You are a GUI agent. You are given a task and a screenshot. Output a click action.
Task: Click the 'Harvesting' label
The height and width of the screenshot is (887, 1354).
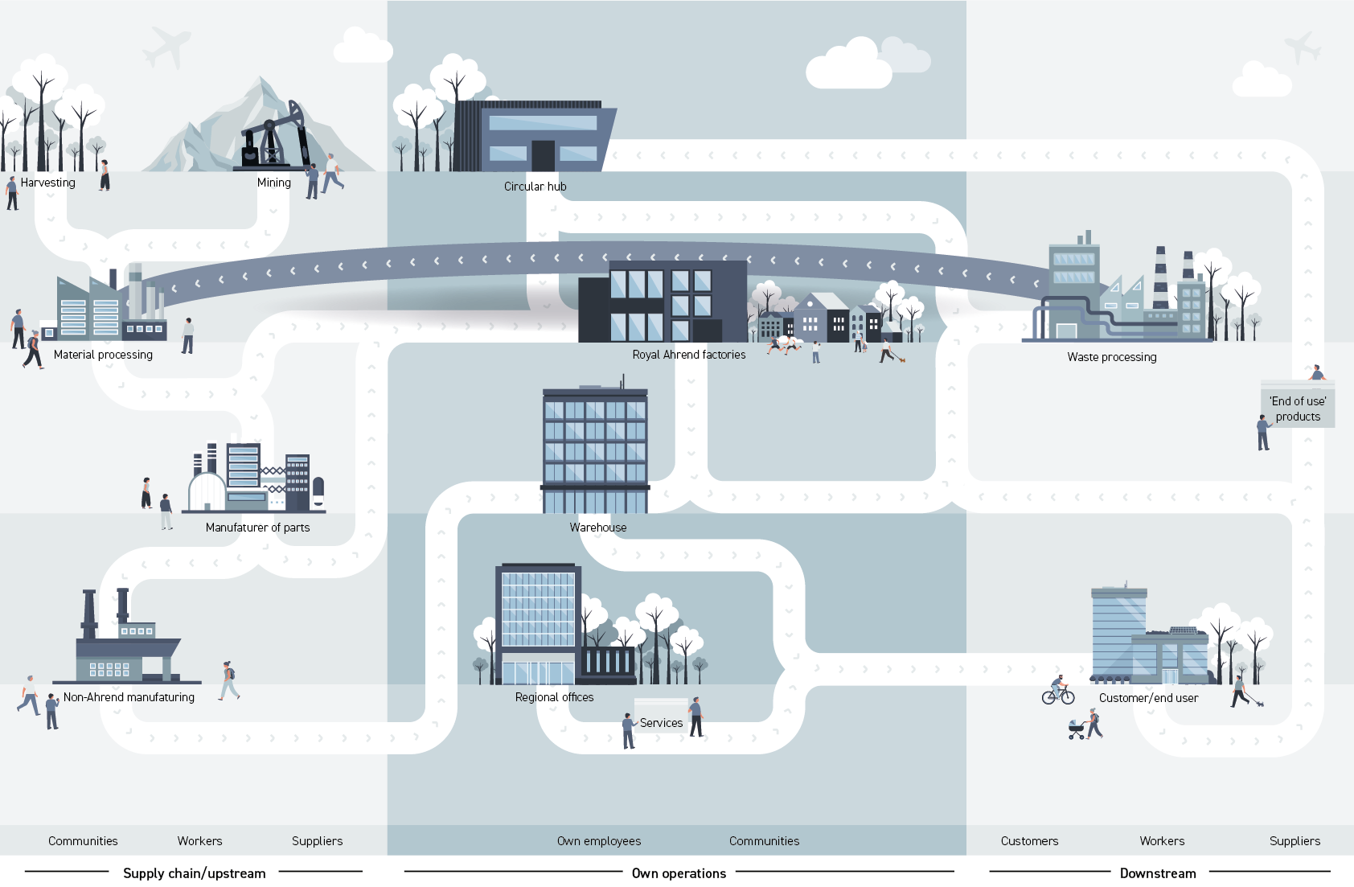[x=47, y=183]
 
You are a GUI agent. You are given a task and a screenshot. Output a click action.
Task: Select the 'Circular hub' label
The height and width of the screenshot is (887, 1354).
[x=535, y=187]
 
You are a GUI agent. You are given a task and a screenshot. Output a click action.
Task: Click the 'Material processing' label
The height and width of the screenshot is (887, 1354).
[x=103, y=355]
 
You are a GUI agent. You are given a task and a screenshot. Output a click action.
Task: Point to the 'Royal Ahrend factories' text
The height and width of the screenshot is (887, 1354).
[x=688, y=355]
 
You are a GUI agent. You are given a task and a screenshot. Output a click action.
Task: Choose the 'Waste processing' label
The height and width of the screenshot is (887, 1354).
[x=1112, y=357]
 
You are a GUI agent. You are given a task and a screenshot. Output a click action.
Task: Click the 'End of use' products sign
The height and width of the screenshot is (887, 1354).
[x=1298, y=409]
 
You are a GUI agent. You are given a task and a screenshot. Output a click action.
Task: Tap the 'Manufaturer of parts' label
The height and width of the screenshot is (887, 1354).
[x=257, y=528]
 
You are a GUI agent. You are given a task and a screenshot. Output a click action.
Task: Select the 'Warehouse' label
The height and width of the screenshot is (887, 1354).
[x=598, y=528]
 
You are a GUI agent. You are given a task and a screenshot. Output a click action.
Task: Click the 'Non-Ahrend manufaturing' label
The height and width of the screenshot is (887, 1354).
[x=129, y=697]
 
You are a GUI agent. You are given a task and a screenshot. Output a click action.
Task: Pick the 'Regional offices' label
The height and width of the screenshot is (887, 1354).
[x=554, y=697]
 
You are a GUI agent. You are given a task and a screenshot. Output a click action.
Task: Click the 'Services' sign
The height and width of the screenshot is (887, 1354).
[x=661, y=719]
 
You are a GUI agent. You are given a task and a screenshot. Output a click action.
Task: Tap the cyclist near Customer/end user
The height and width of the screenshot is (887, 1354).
[x=1058, y=691]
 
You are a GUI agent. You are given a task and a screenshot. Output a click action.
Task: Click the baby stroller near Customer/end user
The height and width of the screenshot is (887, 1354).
[x=1077, y=730]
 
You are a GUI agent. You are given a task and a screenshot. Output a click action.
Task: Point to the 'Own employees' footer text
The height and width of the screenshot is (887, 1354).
[x=599, y=841]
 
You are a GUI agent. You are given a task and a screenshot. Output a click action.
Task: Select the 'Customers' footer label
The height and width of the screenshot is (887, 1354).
[x=1029, y=841]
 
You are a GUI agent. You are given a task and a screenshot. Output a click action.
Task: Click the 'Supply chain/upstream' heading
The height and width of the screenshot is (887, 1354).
[x=194, y=873]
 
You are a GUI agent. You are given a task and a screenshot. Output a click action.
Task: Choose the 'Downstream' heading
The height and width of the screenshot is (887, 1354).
[x=1158, y=873]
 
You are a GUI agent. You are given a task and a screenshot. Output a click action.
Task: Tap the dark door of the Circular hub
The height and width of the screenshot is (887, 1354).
[x=543, y=156]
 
